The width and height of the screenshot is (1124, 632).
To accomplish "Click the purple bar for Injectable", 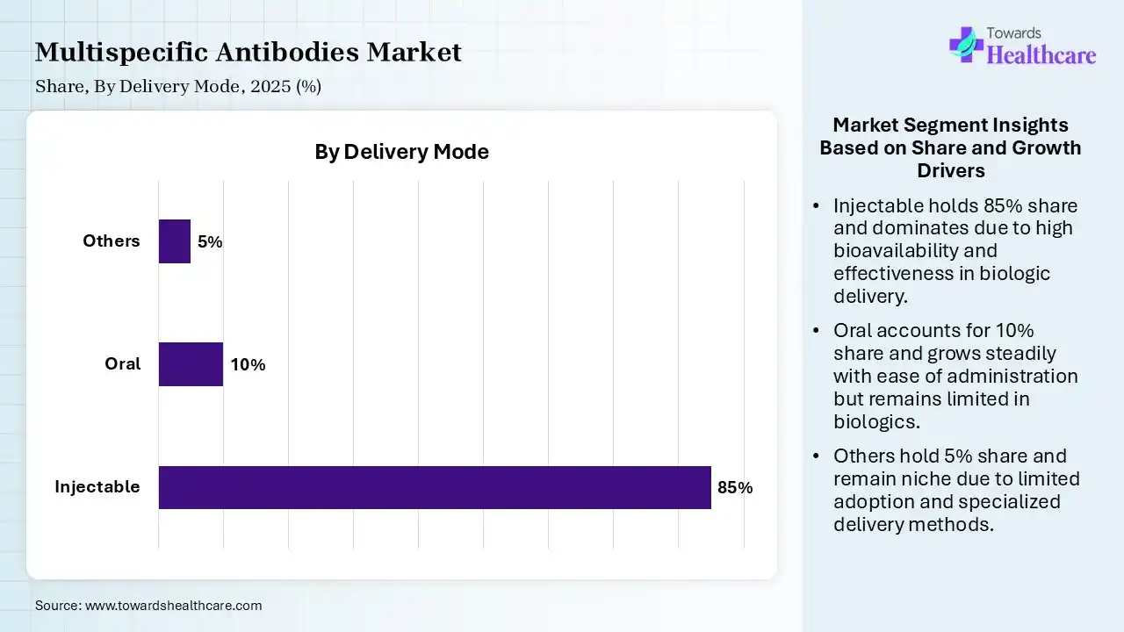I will (435, 487).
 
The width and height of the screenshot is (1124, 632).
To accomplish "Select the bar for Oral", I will (191, 364).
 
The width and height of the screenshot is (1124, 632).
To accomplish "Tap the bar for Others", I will (175, 241).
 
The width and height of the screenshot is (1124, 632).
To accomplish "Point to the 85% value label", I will (735, 488).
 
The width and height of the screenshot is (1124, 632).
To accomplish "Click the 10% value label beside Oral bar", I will (248, 365).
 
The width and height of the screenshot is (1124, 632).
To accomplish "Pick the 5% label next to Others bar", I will (210, 242).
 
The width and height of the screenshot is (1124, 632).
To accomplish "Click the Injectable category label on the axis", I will (97, 486).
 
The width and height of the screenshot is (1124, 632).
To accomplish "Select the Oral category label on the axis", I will (122, 363).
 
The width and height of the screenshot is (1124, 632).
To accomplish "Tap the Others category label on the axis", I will (112, 241).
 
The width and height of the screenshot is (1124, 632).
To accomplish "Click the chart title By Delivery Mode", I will (401, 152).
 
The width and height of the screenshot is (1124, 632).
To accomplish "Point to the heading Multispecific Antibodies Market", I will (249, 52).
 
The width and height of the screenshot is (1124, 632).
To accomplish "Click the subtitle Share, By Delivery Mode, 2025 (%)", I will (178, 86).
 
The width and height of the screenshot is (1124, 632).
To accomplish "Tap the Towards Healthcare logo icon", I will (966, 44).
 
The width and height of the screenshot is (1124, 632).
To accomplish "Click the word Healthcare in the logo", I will (1041, 55).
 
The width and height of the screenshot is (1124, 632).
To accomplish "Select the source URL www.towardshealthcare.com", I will (174, 606).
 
